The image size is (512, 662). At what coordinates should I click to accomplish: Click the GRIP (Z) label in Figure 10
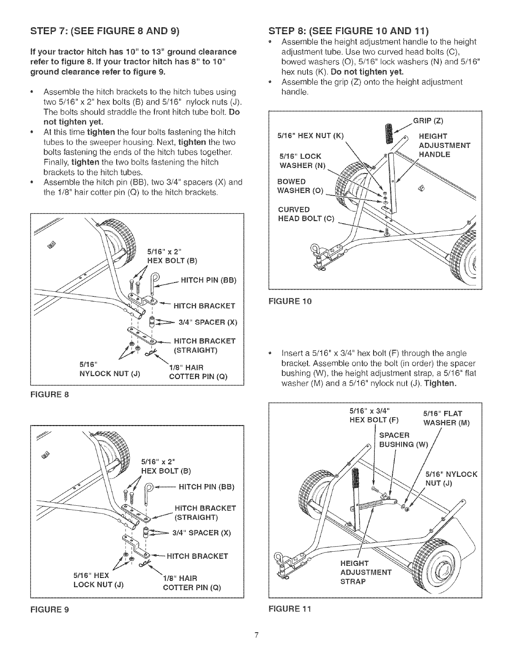point(428,121)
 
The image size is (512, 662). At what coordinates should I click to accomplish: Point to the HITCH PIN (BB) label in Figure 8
point(209,280)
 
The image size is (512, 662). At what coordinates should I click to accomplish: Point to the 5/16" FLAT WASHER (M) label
point(446,418)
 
